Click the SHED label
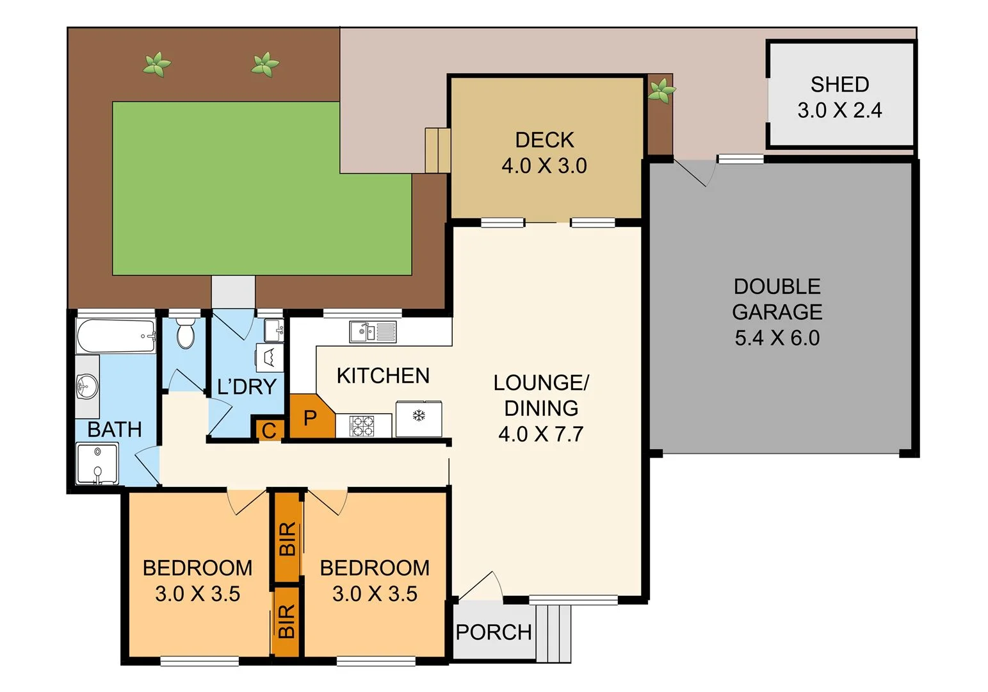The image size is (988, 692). pos(839,85)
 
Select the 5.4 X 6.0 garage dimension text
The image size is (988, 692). pos(777,338)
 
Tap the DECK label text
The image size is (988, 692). pos(544,140)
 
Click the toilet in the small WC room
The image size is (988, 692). pos(186,333)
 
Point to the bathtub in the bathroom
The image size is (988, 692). pos(116,336)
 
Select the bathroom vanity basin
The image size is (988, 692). pos(85,386)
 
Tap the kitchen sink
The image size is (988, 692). pos(372,332)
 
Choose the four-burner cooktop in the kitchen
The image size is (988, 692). pos(364,426)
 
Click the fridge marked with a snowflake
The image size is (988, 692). pos(419,418)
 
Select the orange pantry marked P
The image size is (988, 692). pos(310,418)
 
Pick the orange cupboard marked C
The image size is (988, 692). pos(269,431)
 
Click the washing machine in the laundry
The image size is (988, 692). pos(270,357)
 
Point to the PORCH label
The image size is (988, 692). pos(494,632)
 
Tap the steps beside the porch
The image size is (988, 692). pos(554,633)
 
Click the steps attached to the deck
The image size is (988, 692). pos(438,150)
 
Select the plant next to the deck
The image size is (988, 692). pos(661,91)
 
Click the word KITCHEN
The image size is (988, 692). pos(383,375)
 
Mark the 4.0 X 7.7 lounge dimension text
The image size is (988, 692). pos(541,434)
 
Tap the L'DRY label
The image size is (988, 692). pos(247,386)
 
